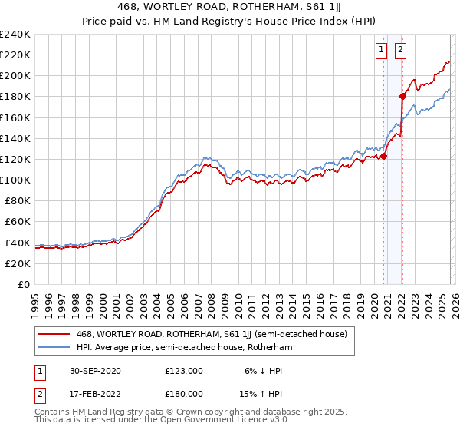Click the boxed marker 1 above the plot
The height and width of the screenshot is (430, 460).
click(381, 51)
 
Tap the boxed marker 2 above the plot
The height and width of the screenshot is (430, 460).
click(401, 51)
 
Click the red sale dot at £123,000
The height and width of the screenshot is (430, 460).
click(384, 156)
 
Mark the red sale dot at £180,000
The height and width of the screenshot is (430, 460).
click(402, 96)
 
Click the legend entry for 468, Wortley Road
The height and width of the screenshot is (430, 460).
click(212, 334)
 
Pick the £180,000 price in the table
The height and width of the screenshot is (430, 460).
click(183, 393)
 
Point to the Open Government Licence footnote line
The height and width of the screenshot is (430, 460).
click(162, 420)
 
